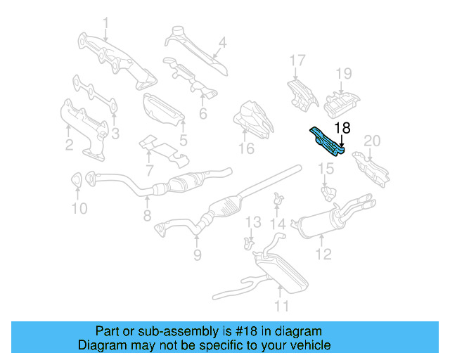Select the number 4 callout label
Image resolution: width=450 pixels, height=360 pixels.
222,42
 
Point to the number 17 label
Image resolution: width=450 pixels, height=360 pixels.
297,60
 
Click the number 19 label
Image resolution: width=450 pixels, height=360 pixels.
342,73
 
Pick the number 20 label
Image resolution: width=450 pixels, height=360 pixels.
371,141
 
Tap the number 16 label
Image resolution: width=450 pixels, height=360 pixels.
245,148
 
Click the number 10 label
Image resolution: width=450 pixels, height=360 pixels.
79,208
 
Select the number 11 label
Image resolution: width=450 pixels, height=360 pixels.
282,306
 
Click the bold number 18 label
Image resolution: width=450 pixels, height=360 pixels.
342,128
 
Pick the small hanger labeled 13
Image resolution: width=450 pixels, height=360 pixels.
248,242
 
